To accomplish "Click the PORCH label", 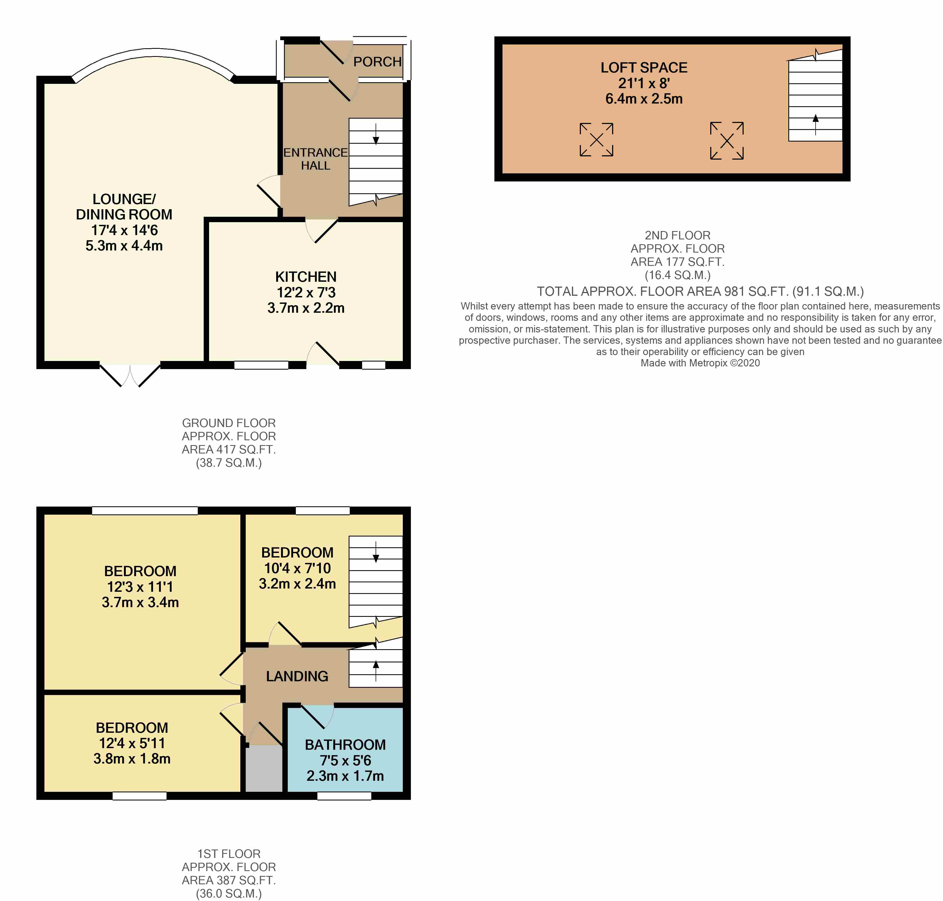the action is click(x=377, y=62).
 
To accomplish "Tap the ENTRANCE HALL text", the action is click(x=315, y=159).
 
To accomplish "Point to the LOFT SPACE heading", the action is click(x=644, y=68).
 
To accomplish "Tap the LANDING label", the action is click(x=297, y=676).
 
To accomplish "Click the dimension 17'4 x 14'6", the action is click(x=124, y=230).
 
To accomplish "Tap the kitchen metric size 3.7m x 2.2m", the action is click(x=306, y=308).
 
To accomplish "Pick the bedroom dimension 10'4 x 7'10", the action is click(x=297, y=568).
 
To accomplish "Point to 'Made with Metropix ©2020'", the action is click(x=700, y=363).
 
